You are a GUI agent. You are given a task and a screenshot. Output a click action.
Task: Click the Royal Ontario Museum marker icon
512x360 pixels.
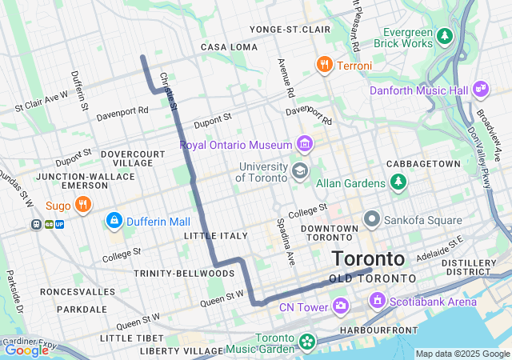click(304, 145)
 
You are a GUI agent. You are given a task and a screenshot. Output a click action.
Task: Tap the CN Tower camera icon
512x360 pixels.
click(341, 306)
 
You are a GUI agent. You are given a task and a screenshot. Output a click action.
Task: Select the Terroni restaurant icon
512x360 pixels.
click(324, 65)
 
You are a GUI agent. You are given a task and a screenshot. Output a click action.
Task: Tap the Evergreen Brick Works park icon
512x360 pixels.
click(445, 36)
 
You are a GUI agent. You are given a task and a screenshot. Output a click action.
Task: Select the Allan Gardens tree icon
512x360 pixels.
click(398, 182)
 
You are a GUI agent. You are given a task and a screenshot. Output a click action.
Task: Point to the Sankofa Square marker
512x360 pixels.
click(372, 218)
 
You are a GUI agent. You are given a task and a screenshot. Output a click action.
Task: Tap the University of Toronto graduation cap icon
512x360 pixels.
click(299, 170)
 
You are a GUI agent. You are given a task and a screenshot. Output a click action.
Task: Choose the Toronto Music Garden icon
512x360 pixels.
click(306, 342)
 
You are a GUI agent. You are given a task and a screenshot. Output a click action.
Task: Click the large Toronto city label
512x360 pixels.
click(368, 259)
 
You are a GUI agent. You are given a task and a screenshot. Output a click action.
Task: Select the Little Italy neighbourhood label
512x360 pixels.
click(216, 236)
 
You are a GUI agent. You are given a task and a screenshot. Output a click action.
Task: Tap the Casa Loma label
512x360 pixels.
click(229, 47)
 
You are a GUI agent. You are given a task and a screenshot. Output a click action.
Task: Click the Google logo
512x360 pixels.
click(26, 350)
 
